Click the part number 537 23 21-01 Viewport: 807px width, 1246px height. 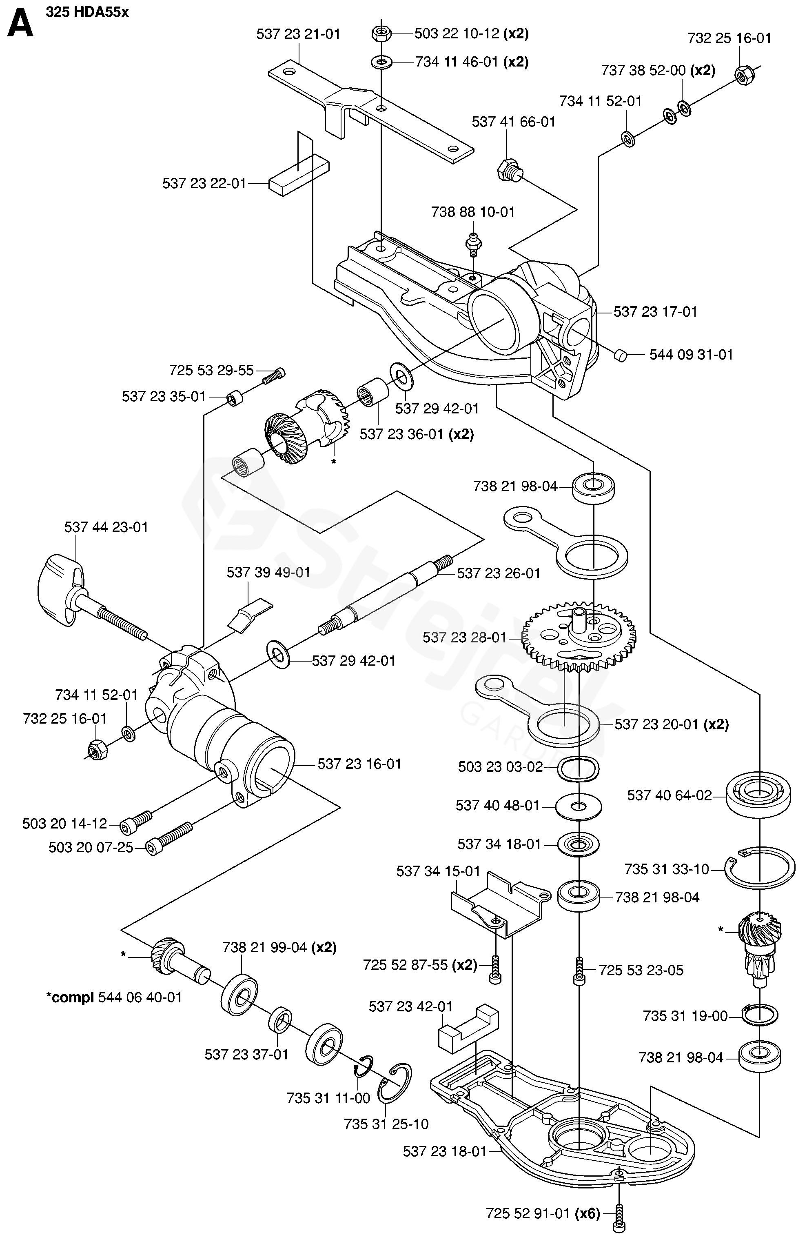pyautogui.click(x=298, y=34)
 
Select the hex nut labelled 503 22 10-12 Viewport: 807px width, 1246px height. pyautogui.click(x=381, y=34)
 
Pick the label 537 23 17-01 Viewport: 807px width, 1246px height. pyautogui.click(x=655, y=312)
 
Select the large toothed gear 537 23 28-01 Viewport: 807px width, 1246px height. pyautogui.click(x=579, y=637)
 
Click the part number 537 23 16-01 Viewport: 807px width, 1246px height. pyautogui.click(x=359, y=764)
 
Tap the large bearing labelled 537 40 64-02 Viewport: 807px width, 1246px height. pyautogui.click(x=758, y=796)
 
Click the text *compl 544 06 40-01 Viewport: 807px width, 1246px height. pyautogui.click(x=114, y=997)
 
